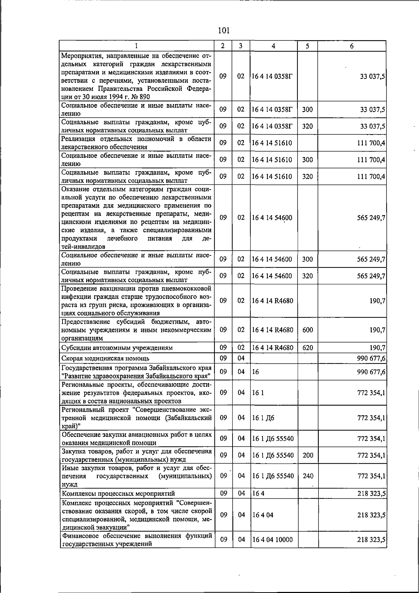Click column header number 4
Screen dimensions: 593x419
pyautogui.click(x=273, y=46)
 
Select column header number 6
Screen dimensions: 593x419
pyautogui.click(x=352, y=46)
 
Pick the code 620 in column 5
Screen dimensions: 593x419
pyautogui.click(x=308, y=348)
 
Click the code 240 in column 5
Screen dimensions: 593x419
pyautogui.click(x=308, y=476)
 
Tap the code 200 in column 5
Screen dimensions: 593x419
pyautogui.click(x=308, y=455)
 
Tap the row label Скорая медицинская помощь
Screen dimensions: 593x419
pyautogui.click(x=105, y=358)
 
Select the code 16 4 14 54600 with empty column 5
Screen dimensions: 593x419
pyautogui.click(x=272, y=218)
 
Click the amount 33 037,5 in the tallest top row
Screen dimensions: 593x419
pyautogui.click(x=372, y=76)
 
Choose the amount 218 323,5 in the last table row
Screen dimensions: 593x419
pyautogui.click(x=371, y=540)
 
